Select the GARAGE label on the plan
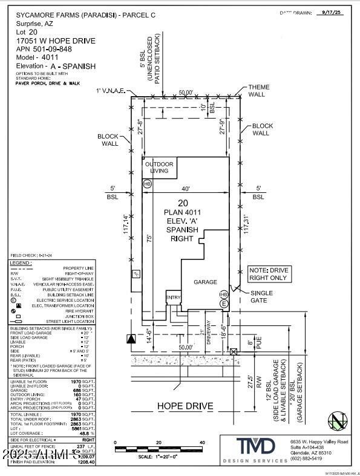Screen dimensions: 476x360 click(205, 282)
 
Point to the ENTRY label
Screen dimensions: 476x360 click(174, 297)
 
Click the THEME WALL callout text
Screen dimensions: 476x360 click(258, 91)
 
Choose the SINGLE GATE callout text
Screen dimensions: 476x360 click(262, 297)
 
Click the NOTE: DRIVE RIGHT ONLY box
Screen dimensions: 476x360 click(271, 275)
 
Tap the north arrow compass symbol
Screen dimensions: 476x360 click(336, 421)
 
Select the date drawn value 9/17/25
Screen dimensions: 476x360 click(332, 12)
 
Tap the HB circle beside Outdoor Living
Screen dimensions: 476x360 click(147, 184)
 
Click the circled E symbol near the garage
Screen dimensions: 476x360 click(224, 303)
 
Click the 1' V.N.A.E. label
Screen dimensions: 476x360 click(110, 91)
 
